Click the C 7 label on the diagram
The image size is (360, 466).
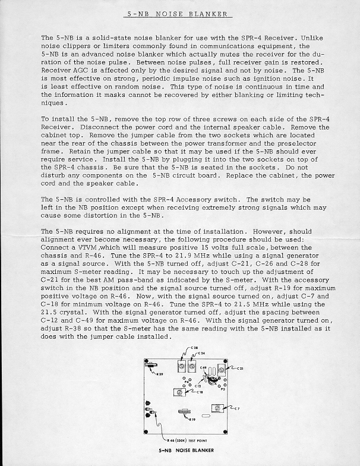236,408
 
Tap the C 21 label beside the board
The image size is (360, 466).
239,369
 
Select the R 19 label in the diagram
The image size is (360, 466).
192,420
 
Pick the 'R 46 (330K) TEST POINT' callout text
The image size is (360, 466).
187,440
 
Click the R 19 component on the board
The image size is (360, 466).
183,411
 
